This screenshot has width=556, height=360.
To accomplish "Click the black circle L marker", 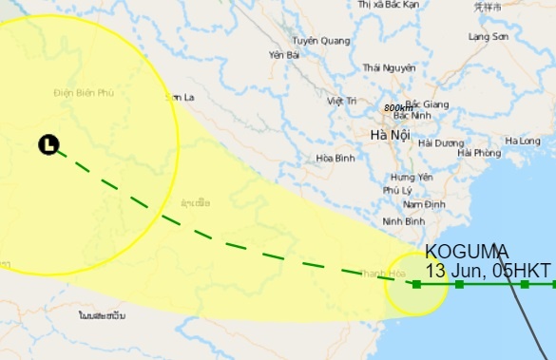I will click(48, 144).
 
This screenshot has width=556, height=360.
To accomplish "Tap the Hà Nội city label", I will click(390, 136).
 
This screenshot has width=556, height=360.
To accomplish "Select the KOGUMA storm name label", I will click(467, 252).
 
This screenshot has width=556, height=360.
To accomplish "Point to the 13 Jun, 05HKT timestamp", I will click(489, 271).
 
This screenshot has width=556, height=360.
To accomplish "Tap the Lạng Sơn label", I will click(489, 36).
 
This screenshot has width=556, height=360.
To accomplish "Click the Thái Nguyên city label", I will click(389, 67).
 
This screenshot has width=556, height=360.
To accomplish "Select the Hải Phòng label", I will click(478, 153).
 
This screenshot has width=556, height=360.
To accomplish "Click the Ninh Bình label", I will click(402, 221).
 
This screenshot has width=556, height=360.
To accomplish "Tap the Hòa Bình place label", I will click(335, 159).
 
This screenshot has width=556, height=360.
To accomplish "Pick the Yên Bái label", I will click(284, 55).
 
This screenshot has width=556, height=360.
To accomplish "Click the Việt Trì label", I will click(340, 101).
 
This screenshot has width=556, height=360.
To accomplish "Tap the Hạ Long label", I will click(523, 142).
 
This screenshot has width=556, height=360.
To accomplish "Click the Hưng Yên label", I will click(411, 178).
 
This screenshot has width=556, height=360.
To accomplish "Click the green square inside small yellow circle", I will click(416, 284).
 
